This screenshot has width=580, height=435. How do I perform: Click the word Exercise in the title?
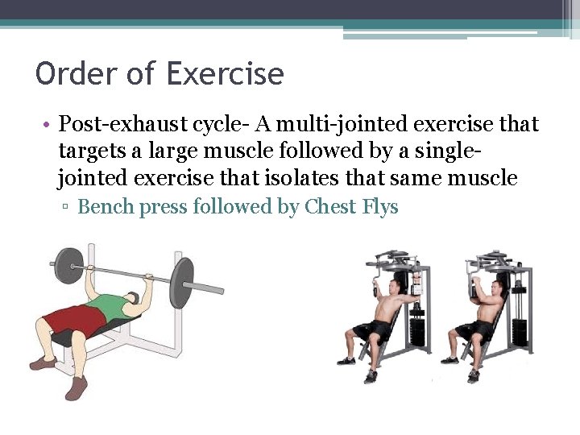pyautogui.click(x=225, y=74)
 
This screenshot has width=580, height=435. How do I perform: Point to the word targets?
pyautogui.click(x=91, y=151)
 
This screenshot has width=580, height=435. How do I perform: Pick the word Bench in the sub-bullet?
pyautogui.click(x=105, y=207)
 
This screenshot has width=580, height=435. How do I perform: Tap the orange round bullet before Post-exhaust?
pyautogui.click(x=48, y=126)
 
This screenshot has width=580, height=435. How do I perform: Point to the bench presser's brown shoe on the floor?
pyautogui.click(x=76, y=387)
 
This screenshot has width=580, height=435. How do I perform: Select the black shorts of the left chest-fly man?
pyautogui.click(x=375, y=330)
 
